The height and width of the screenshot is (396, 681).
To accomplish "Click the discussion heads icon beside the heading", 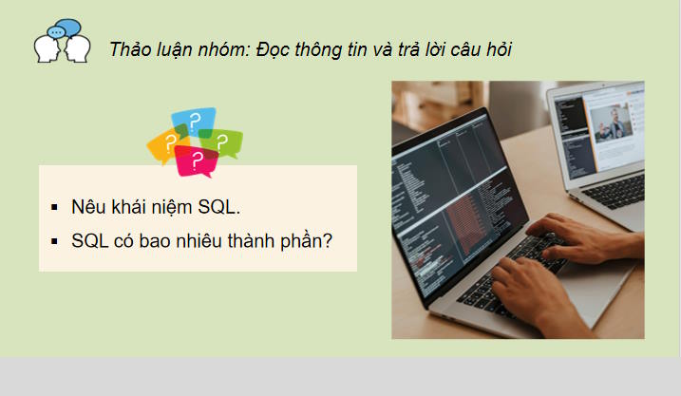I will coord(62,42).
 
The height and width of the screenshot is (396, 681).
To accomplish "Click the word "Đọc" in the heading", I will coord(274,49).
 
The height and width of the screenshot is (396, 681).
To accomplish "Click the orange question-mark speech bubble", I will coord(166,145).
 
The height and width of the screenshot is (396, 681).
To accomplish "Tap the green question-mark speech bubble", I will coord(224,142).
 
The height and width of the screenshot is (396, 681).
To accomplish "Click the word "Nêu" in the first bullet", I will coord(87,207).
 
